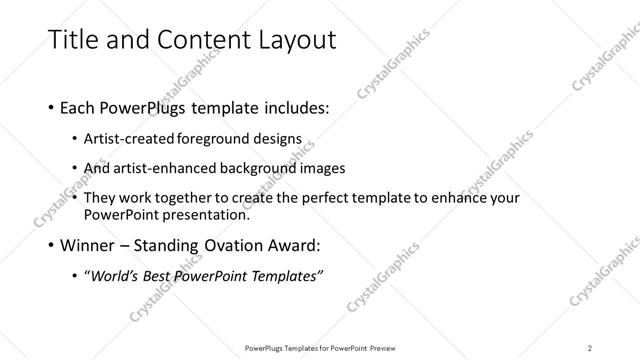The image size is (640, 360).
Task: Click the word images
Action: pos(323,168)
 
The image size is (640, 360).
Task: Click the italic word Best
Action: pos(164,275)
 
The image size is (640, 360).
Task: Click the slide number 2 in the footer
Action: pos(590,347)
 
